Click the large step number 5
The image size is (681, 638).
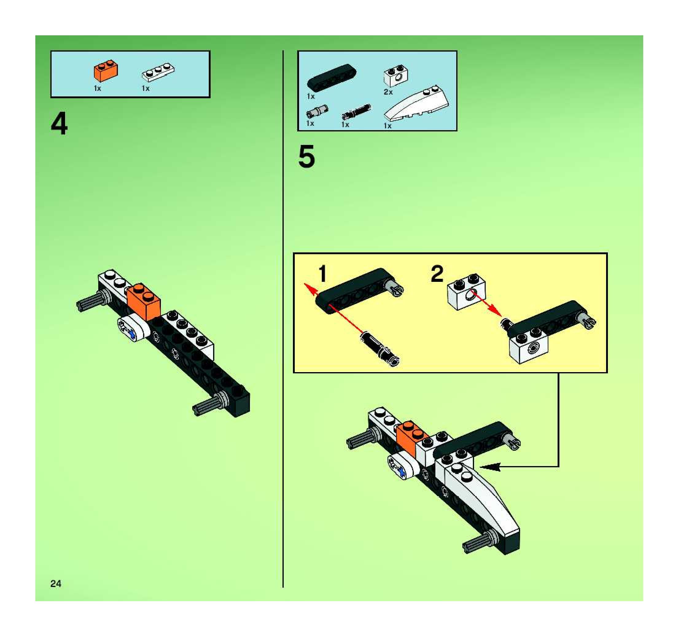(306, 157)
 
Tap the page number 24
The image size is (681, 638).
(56, 584)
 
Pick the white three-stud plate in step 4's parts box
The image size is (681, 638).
(158, 72)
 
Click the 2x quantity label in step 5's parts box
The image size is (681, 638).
(388, 92)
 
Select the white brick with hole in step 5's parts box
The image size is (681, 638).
(396, 76)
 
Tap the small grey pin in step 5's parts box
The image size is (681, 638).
(317, 111)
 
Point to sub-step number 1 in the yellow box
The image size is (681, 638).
(323, 274)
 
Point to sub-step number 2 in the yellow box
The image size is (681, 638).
(437, 274)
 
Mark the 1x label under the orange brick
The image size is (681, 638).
(98, 88)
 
